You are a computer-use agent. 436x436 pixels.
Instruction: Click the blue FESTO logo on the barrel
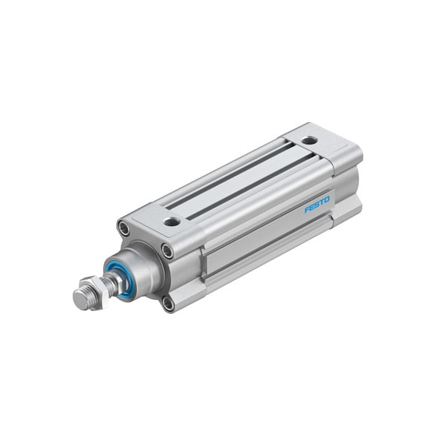(317, 204)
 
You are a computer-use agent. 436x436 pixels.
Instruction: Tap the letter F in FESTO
(307, 210)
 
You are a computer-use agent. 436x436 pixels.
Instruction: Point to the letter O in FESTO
(326, 198)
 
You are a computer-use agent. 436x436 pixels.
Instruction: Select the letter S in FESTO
(317, 204)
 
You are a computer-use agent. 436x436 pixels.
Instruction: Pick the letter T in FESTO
(321, 201)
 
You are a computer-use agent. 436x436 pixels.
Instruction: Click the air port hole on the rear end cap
(310, 140)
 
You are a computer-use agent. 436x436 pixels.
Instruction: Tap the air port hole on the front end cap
(171, 222)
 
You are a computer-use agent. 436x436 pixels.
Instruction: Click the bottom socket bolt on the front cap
(168, 302)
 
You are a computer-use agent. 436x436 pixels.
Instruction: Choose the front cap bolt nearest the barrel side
(168, 252)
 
